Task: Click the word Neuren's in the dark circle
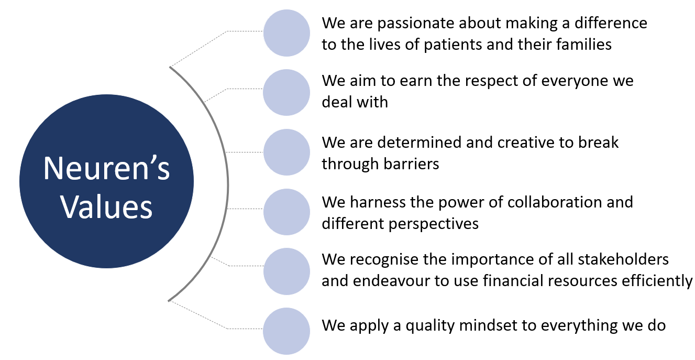[x=106, y=168]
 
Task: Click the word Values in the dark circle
[x=106, y=207]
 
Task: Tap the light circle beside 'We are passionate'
[x=286, y=33]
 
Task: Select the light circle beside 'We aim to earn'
[x=286, y=92]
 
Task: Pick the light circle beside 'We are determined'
[x=286, y=152]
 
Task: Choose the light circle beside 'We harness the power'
[x=286, y=212]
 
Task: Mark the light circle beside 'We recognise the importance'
[x=286, y=271]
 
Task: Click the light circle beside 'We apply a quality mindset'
[x=286, y=331]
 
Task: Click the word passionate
[x=416, y=24]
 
